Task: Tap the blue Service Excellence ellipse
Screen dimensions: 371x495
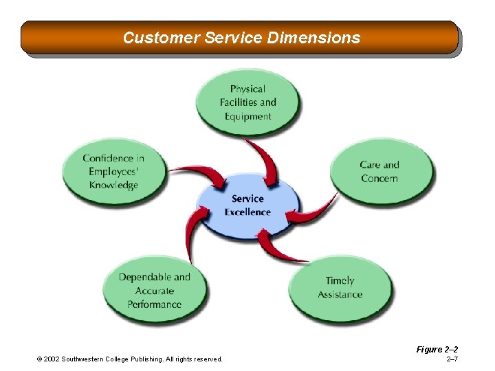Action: (x=247, y=205)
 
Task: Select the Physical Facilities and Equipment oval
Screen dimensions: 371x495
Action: (x=247, y=102)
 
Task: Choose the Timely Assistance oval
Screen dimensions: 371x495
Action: (x=340, y=288)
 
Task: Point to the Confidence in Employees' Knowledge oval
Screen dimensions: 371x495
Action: (x=113, y=172)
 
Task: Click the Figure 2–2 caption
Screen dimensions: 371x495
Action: (x=437, y=350)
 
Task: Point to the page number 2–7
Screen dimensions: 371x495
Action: (x=452, y=359)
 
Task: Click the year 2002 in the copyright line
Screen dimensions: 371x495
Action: (x=52, y=359)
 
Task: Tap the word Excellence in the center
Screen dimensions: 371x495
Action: (x=247, y=212)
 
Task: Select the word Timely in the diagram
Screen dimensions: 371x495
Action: (x=340, y=281)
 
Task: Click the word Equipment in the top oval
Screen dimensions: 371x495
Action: (x=247, y=116)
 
